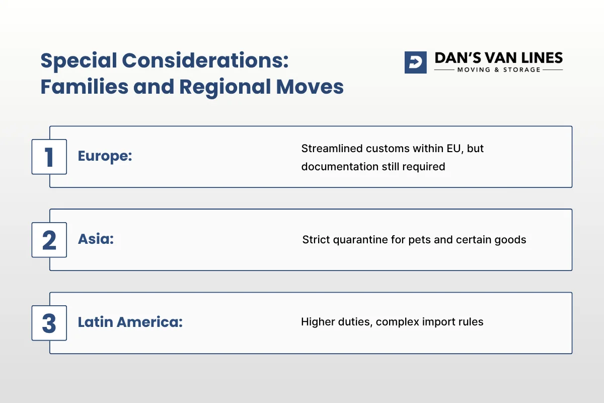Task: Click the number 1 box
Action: click(x=49, y=157)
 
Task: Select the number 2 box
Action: click(x=49, y=240)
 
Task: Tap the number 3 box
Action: click(x=49, y=323)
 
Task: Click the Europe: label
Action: click(x=105, y=156)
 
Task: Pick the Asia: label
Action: click(x=96, y=239)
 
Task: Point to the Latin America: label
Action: click(x=130, y=322)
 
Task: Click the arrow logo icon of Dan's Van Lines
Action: click(x=415, y=62)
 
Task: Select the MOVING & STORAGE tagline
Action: click(x=498, y=70)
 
